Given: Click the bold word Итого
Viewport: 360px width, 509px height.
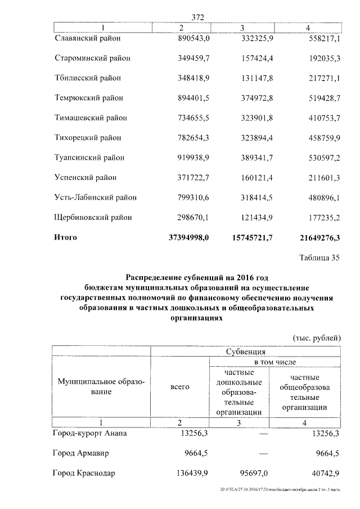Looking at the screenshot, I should (65, 237).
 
